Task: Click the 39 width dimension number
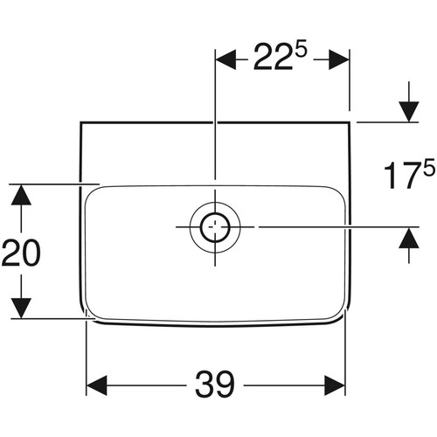(x=215, y=385)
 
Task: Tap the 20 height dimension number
(x=21, y=253)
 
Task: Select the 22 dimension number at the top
(x=273, y=56)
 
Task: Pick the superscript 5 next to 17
(x=429, y=168)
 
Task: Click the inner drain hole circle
(x=215, y=227)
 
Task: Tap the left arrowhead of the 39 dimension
(x=97, y=385)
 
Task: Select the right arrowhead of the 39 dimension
(x=335, y=385)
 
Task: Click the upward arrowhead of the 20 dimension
(x=21, y=195)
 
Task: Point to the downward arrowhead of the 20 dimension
(x=21, y=309)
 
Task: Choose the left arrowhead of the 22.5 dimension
(x=225, y=59)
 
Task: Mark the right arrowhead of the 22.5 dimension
(x=339, y=59)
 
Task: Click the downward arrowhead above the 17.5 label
(x=409, y=112)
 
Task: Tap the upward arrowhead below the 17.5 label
(x=409, y=238)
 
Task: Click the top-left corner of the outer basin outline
(x=80, y=122)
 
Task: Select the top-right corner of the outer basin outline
(x=350, y=122)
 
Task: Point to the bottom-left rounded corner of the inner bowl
(x=91, y=314)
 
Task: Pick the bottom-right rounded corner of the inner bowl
(x=340, y=314)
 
